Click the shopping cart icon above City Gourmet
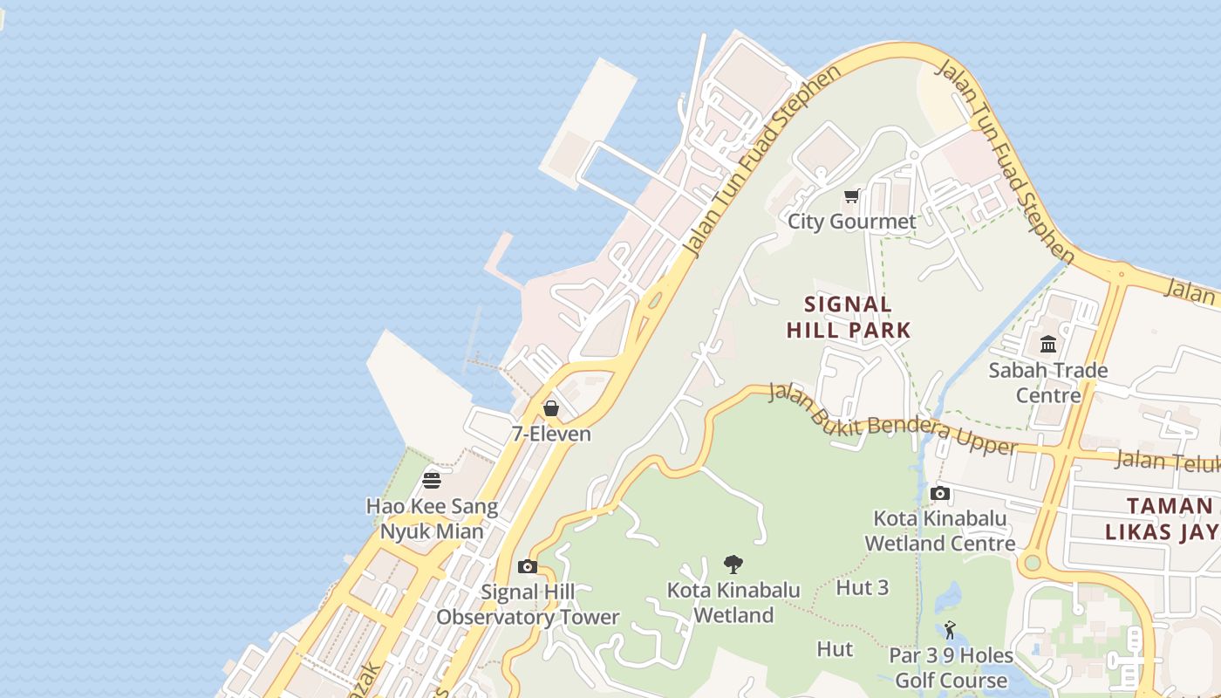[x=852, y=196]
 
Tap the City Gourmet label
[x=852, y=222]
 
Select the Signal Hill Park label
[x=849, y=318]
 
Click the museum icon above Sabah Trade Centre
[x=1048, y=344]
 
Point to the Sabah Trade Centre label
[x=1048, y=382]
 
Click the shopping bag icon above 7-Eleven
[x=551, y=408]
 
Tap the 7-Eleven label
[x=551, y=434]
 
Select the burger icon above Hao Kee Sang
[x=432, y=480]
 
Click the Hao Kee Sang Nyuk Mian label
[x=432, y=518]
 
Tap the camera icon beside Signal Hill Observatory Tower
[x=527, y=567]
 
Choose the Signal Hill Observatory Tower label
[x=528, y=605]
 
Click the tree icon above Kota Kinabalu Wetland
[x=733, y=565]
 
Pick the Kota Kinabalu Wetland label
[x=733, y=603]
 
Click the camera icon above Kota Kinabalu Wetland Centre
[x=940, y=494]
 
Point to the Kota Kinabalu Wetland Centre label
[x=940, y=530]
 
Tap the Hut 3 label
[x=863, y=588]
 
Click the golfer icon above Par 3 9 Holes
[x=950, y=630]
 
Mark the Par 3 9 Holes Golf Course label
[x=951, y=667]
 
